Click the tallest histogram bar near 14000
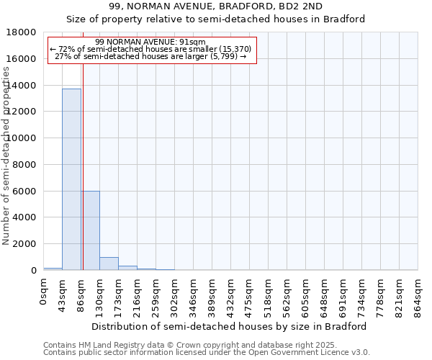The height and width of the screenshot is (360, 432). point(71,179)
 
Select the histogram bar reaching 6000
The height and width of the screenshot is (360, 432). point(91,230)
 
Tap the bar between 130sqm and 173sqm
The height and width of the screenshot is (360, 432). point(109,264)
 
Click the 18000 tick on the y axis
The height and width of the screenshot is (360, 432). point(23,32)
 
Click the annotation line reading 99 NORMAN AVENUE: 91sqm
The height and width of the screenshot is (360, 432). point(150,42)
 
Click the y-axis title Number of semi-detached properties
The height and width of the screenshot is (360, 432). point(7,170)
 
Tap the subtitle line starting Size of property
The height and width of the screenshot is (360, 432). point(216,19)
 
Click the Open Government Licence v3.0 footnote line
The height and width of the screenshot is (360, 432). point(207,352)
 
